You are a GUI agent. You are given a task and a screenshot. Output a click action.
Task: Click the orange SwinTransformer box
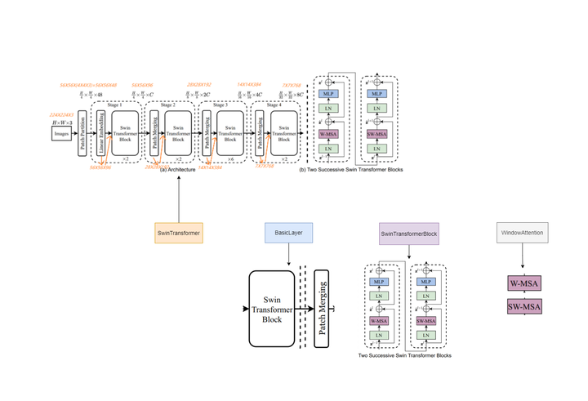tap(178, 233)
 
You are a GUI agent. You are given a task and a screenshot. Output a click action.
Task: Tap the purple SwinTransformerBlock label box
tap(409, 234)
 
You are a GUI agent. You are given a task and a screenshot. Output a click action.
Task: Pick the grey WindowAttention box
tap(523, 233)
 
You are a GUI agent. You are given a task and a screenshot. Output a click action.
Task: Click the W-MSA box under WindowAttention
tap(522, 285)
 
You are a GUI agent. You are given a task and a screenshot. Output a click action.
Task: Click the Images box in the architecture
tap(63, 133)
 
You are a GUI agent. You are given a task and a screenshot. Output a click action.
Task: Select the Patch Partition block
tap(82, 133)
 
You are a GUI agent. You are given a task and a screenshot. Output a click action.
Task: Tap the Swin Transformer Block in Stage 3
tap(229, 133)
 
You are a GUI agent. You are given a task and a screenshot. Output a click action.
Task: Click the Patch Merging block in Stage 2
tap(154, 133)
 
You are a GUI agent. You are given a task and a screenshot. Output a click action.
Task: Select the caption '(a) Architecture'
tap(176, 169)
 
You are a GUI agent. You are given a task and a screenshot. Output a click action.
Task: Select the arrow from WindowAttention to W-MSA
tap(523, 259)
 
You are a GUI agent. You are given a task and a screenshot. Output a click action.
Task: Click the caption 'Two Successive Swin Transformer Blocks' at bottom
tap(406, 356)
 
